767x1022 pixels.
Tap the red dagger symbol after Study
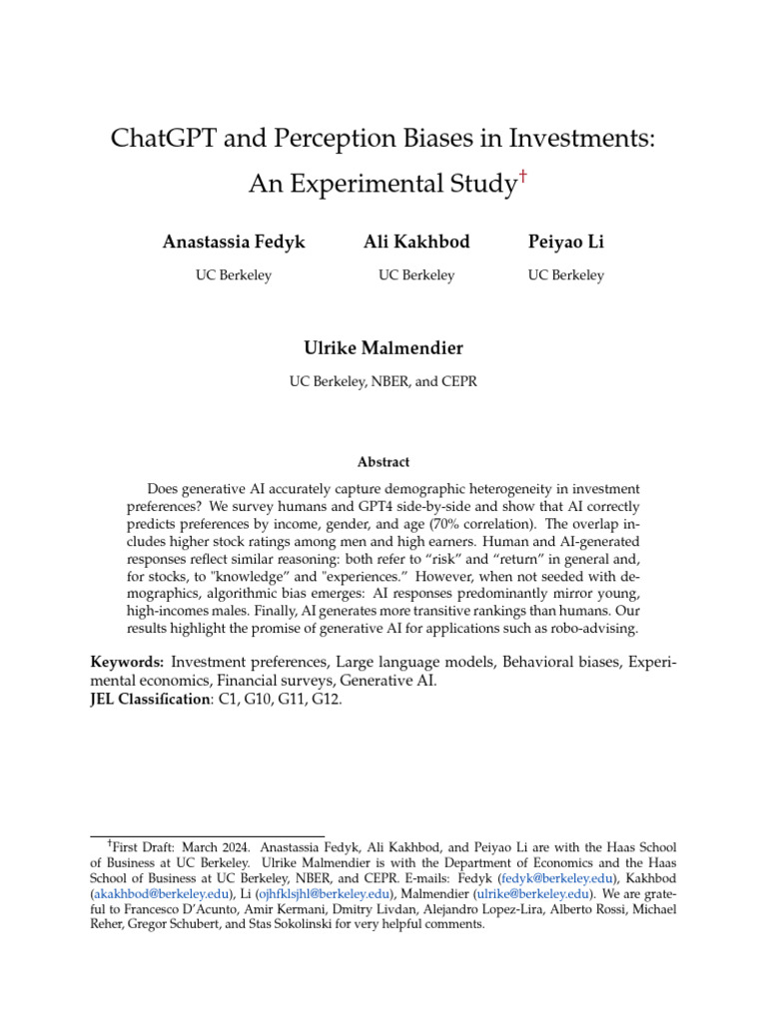click(523, 178)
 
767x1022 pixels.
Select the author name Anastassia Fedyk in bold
click(234, 243)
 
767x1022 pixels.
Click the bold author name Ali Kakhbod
click(416, 243)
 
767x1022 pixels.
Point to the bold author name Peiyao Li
click(565, 243)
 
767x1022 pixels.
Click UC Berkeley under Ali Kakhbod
click(416, 275)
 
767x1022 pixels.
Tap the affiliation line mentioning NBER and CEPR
click(383, 381)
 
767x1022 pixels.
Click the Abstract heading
click(383, 462)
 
